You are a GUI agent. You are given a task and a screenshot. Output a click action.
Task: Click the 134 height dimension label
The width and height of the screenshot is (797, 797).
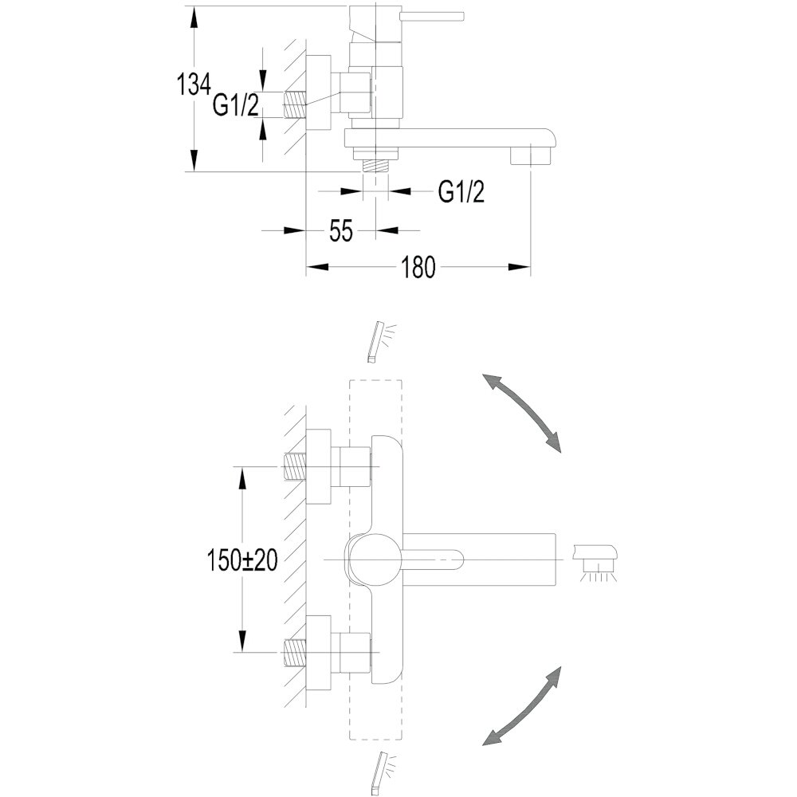(193, 84)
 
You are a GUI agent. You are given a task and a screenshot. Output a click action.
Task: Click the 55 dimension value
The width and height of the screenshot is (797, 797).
(340, 231)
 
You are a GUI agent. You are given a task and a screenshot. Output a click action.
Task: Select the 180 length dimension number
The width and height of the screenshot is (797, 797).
(418, 267)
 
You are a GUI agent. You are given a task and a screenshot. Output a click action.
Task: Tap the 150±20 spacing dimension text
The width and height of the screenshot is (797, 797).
(242, 560)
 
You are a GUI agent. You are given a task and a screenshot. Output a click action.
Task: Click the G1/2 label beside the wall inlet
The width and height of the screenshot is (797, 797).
(236, 106)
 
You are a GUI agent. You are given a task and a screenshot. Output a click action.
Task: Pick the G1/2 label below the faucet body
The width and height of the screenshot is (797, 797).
(461, 191)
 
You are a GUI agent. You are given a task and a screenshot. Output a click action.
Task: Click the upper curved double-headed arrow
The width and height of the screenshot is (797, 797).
(521, 413)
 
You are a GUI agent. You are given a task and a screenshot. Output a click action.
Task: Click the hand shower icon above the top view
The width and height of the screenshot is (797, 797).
(381, 341)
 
